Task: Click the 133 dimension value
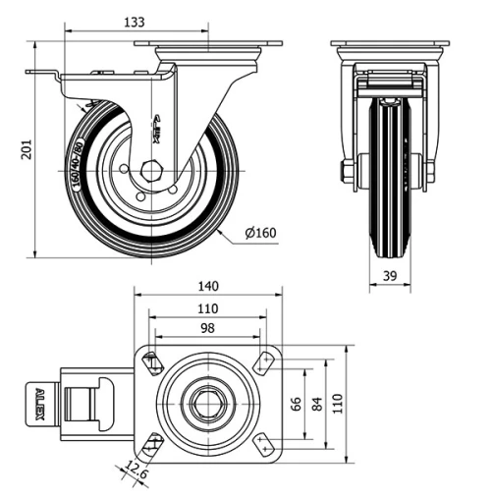[136, 22]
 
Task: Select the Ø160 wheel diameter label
[258, 233]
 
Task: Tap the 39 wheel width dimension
[390, 278]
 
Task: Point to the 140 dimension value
[207, 286]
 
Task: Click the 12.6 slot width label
[137, 476]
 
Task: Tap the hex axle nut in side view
[150, 169]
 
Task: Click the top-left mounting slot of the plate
[152, 362]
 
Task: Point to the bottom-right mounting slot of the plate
[262, 444]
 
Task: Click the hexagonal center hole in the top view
[207, 403]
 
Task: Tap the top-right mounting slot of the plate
[262, 362]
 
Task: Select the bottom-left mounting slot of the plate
[152, 444]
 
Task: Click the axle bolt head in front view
[348, 171]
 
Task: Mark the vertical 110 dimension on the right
[338, 404]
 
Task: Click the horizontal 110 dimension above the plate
[207, 307]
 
